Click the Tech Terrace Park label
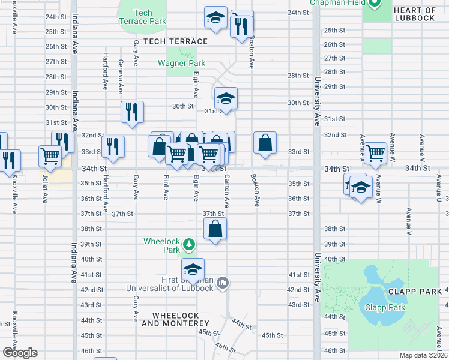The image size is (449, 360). click(142, 17)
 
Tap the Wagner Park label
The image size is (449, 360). click(181, 63)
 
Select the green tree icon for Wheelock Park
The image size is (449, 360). click(189, 244)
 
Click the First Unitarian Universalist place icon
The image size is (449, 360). click(223, 282)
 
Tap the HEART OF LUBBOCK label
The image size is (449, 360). click(415, 14)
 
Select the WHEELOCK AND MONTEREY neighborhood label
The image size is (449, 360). click(180, 319)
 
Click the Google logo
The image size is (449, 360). click(19, 353)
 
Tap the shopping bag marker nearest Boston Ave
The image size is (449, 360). click(265, 143)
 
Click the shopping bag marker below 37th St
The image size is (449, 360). click(215, 229)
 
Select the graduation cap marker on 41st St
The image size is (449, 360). click(193, 269)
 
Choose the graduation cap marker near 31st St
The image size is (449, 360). click(226, 98)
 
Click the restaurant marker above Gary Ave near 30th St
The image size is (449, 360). click(132, 112)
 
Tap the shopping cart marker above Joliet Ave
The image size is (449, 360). click(50, 156)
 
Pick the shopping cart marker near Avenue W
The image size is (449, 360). click(375, 153)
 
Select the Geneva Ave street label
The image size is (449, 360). click(121, 77)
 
